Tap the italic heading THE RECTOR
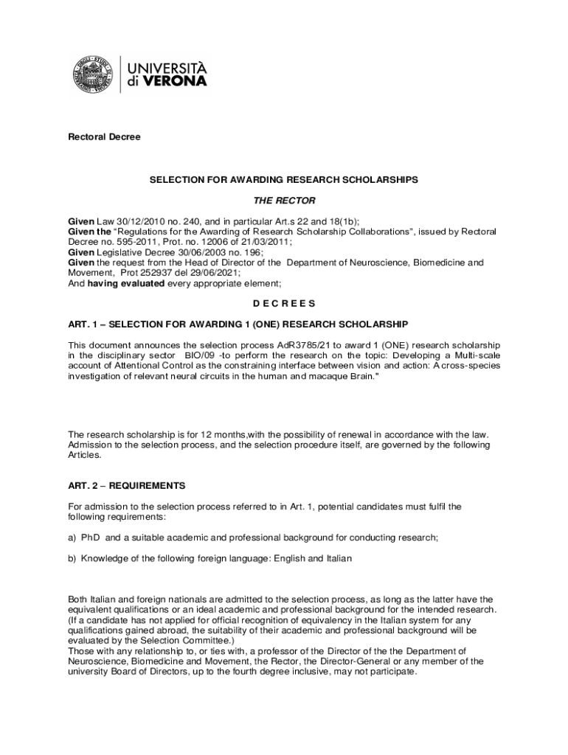tap(284, 201)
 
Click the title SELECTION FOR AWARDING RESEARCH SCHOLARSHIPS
tap(284, 179)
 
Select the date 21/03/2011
tap(260, 241)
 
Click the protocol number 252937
tap(146, 272)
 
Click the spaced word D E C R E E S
tap(284, 303)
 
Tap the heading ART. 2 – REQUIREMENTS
tap(127, 486)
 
